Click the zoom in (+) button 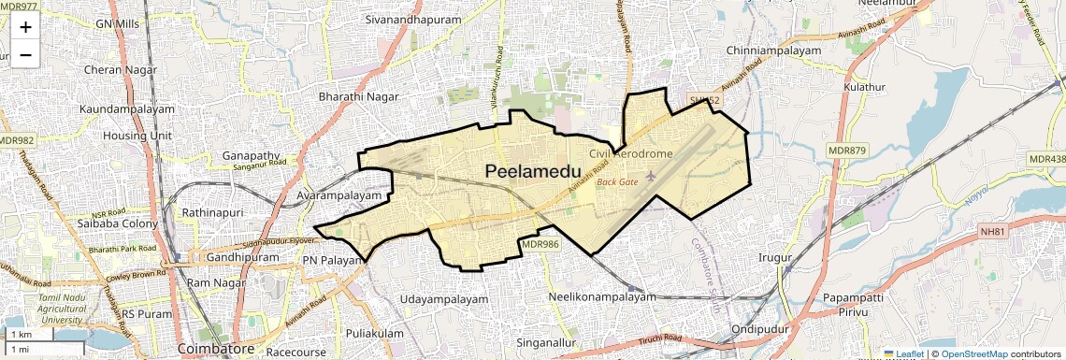pyautogui.click(x=25, y=27)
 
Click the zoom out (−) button pyautogui.click(x=25, y=54)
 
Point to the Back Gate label pyautogui.click(x=617, y=181)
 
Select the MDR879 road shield pyautogui.click(x=847, y=151)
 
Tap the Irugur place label pyautogui.click(x=775, y=257)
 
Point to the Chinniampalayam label pyautogui.click(x=773, y=50)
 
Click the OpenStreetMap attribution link pyautogui.click(x=974, y=353)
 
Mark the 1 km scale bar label pyautogui.click(x=22, y=334)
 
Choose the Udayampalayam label pyautogui.click(x=444, y=299)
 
